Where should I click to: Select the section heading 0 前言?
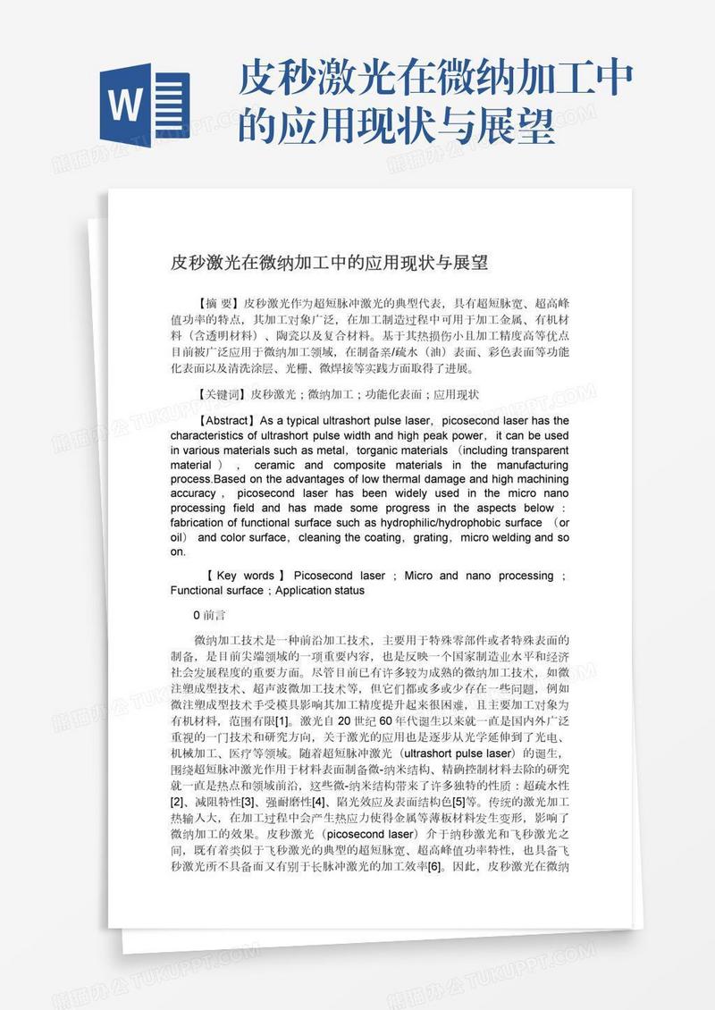pos(209,615)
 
